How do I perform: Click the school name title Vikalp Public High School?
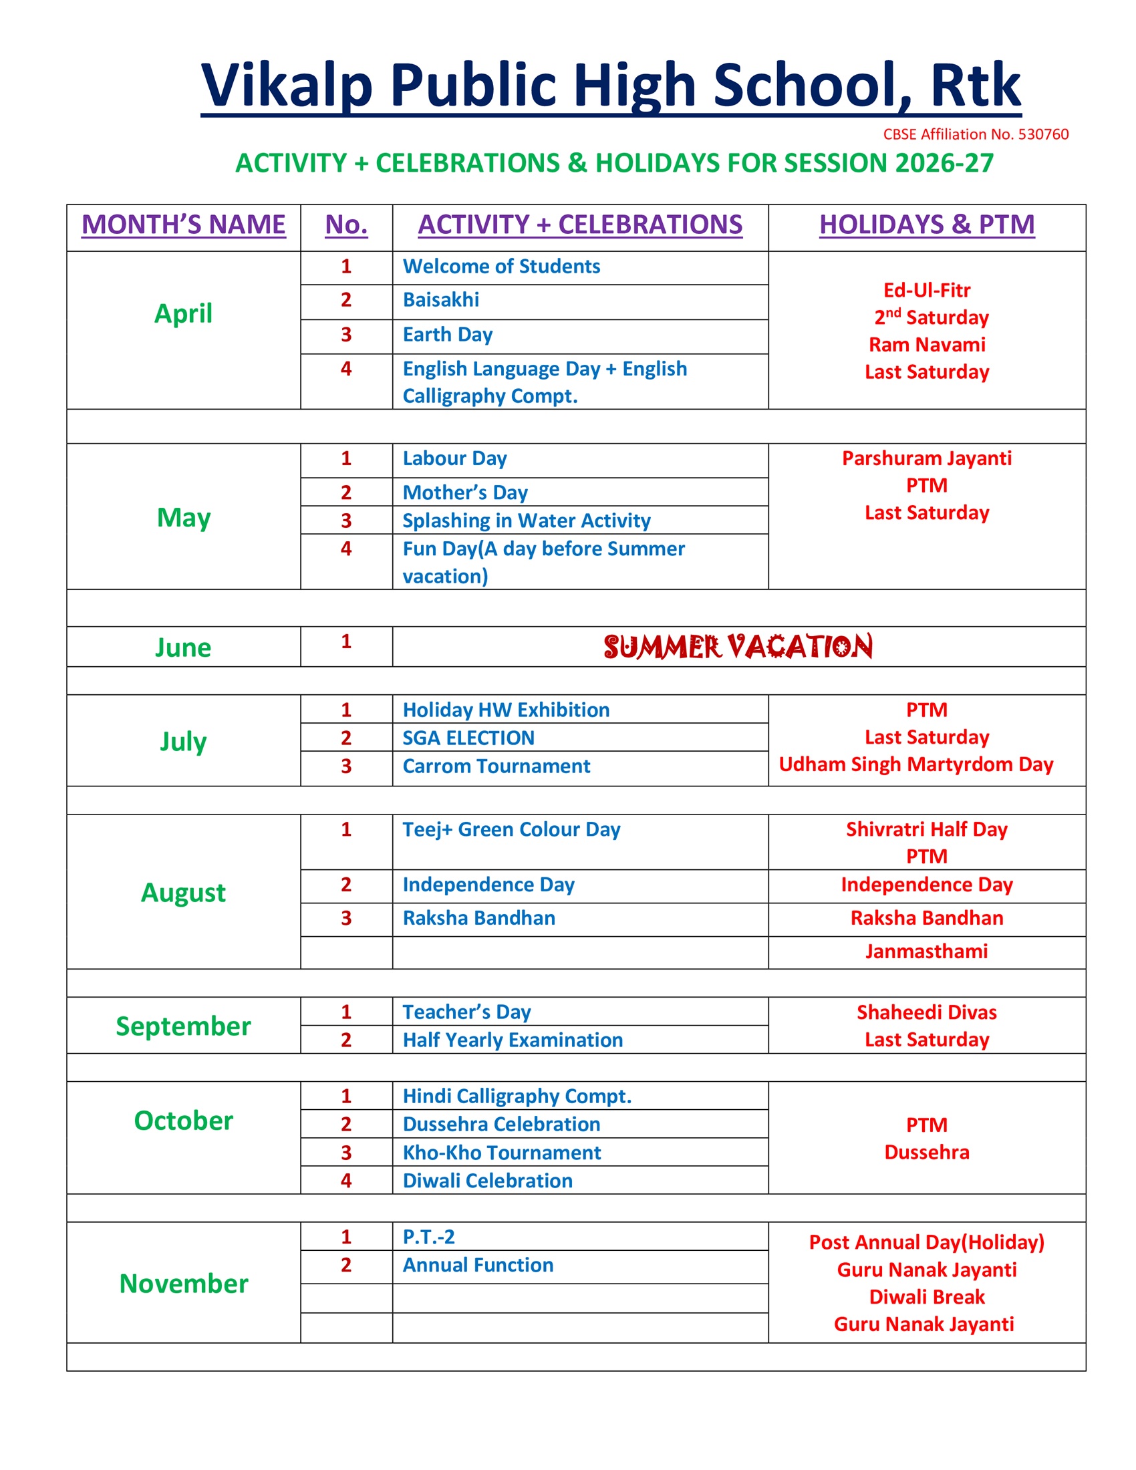610,85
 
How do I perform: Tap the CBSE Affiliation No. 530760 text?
975,134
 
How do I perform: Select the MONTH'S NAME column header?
183,224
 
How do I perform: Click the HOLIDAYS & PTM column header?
926,224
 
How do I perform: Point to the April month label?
183,313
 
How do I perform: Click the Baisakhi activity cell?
441,299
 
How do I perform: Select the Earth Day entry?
448,335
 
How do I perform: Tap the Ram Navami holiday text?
926,345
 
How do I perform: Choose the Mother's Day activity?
465,492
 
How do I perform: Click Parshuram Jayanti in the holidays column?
926,458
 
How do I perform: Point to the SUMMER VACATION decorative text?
738,646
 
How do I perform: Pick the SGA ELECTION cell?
468,738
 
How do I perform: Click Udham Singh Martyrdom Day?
915,764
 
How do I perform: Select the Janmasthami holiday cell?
926,951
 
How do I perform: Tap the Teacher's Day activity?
466,1012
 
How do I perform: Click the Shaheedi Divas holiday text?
926,1012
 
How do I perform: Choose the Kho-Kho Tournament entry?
501,1153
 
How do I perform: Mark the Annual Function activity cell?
478,1265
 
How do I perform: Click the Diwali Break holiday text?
926,1297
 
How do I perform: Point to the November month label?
183,1284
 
